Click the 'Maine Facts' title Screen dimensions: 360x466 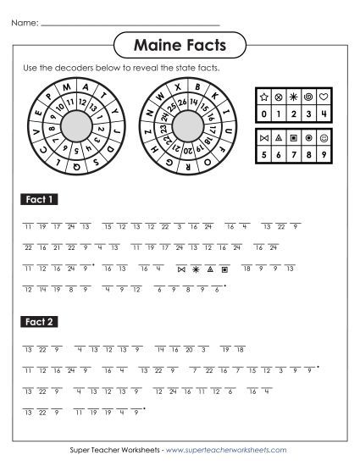(180, 42)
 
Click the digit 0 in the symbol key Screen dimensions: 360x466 (263, 111)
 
